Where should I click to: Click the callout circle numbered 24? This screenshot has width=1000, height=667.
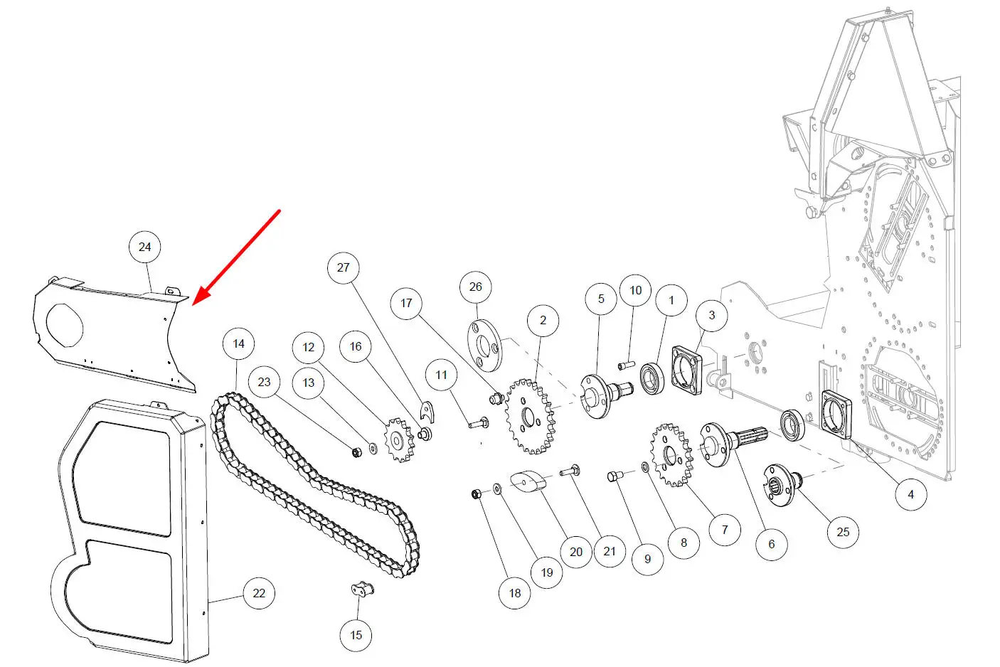point(144,247)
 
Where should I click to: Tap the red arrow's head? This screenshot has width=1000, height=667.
point(200,297)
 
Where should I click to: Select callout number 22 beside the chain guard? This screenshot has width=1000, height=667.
point(259,593)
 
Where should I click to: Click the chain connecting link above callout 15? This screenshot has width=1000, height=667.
point(362,589)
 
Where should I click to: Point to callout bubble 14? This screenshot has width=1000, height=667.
point(238,343)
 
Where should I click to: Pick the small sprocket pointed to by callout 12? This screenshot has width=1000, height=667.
point(399,439)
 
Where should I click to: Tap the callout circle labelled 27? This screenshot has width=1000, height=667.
point(343,267)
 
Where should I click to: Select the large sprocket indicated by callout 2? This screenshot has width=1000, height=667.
point(531,417)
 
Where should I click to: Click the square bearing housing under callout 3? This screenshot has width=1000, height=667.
point(687,370)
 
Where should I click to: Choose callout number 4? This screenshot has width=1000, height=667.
point(910,494)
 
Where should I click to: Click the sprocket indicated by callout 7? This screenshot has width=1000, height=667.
point(672,455)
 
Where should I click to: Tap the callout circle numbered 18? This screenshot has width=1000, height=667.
point(515,593)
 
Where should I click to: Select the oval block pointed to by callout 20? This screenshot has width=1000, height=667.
point(528,481)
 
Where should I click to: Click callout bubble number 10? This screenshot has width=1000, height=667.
point(635,290)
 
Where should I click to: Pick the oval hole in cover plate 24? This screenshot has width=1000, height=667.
point(65,326)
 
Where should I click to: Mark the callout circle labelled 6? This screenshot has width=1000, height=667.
point(772,544)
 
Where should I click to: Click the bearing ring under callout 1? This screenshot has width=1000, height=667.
point(652,378)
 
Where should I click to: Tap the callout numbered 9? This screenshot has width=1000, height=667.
point(647,558)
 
